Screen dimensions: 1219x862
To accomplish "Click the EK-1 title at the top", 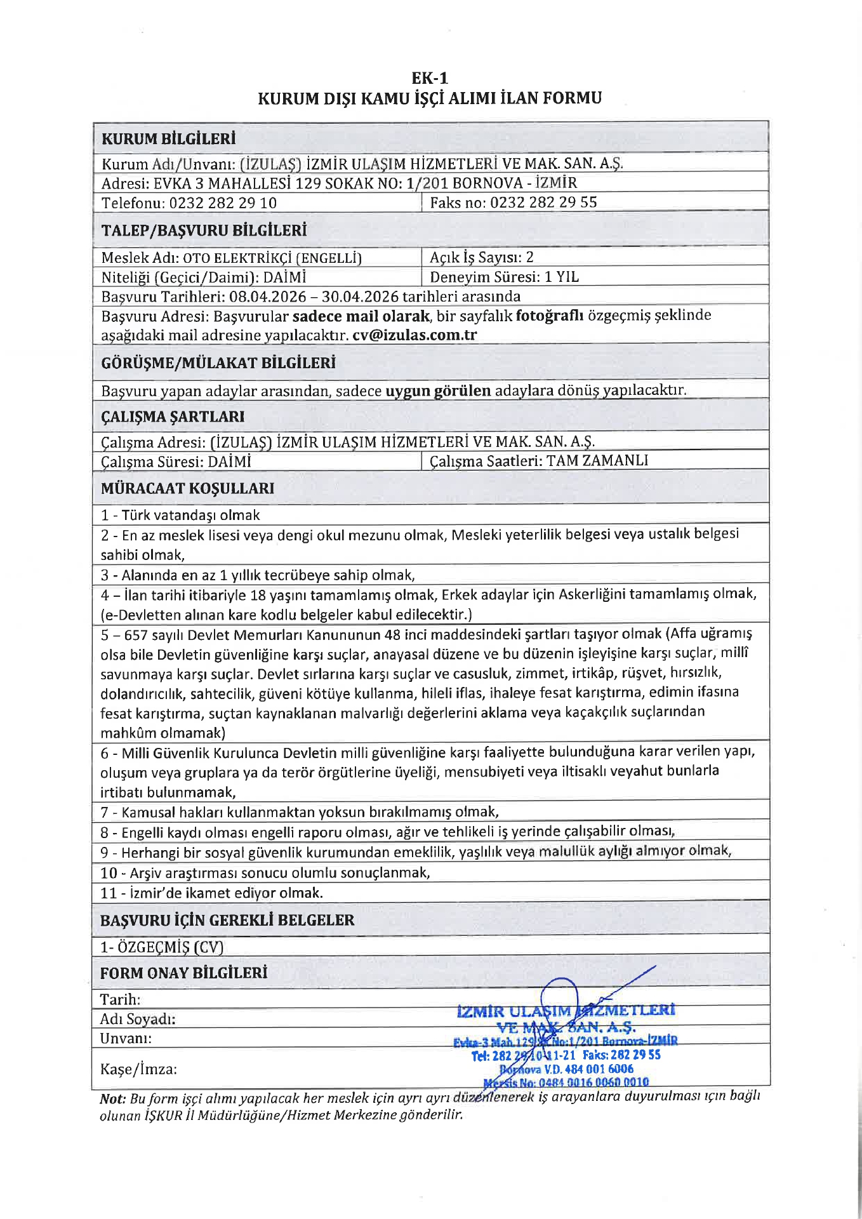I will point(430,78).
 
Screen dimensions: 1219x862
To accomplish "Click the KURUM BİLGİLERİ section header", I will point(168,138).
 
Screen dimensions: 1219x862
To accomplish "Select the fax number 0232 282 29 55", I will point(543,203).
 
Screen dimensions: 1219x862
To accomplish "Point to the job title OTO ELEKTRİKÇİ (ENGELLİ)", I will point(272,258).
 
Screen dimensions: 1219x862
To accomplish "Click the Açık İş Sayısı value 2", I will point(529,257).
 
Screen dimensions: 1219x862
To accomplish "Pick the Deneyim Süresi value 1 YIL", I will point(562,277).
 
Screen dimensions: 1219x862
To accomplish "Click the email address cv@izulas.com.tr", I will point(414,335).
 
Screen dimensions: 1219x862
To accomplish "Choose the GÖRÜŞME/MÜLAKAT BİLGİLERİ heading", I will point(218,363).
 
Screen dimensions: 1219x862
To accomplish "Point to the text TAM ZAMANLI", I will point(597,460).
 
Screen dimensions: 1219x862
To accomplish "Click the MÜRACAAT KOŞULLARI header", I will point(187,488).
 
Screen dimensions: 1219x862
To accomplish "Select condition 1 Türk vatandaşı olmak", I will point(180,515).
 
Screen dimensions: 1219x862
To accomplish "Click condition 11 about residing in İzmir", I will point(211,893).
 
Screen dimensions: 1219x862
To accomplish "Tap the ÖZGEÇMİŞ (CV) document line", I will point(162,947).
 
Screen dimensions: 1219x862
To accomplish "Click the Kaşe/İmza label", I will point(138,1069).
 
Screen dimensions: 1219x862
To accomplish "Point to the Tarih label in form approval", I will point(120,999).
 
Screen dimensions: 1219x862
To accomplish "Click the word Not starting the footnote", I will point(112,1098).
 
